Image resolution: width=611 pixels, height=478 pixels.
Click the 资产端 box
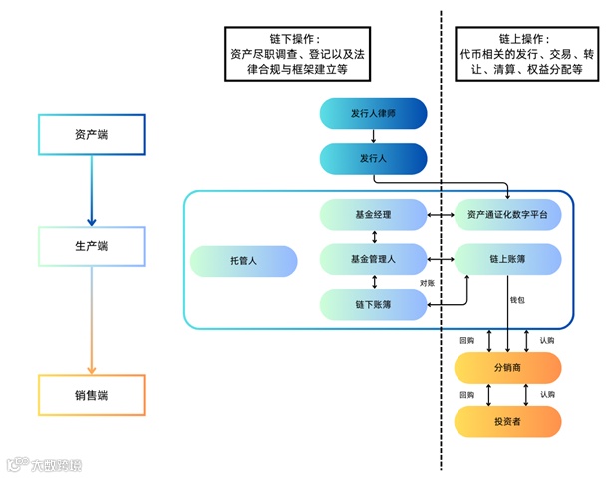pyautogui.click(x=92, y=135)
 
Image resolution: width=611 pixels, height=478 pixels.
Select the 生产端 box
pyautogui.click(x=92, y=246)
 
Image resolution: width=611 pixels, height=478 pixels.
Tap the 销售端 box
pyautogui.click(x=92, y=395)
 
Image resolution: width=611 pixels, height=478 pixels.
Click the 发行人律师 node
pyautogui.click(x=374, y=113)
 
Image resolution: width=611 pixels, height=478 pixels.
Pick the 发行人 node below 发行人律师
pyautogui.click(x=374, y=158)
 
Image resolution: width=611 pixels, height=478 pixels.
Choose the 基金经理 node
pyautogui.click(x=374, y=215)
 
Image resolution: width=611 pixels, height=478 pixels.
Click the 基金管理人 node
pyautogui.click(x=374, y=259)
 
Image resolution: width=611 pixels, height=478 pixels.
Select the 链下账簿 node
pyautogui.click(x=374, y=304)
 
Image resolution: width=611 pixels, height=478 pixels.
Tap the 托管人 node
pyautogui.click(x=243, y=261)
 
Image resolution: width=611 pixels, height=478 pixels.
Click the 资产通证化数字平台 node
pyautogui.click(x=507, y=215)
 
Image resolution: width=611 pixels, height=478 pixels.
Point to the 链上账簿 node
pyautogui.click(x=507, y=259)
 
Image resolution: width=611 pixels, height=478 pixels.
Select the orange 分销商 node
pyautogui.click(x=507, y=368)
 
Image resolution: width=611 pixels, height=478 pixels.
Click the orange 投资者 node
pyautogui.click(x=507, y=421)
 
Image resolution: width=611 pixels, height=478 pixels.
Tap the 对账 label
pyautogui.click(x=427, y=283)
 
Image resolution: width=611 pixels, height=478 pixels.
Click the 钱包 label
pyautogui.click(x=517, y=300)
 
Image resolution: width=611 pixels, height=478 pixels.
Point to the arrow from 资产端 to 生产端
pyautogui.click(x=92, y=191)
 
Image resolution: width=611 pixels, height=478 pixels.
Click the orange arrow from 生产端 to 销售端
pyautogui.click(x=92, y=320)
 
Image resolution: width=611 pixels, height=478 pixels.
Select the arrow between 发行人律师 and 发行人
pyautogui.click(x=374, y=136)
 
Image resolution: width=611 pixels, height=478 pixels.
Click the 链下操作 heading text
pyautogui.click(x=295, y=39)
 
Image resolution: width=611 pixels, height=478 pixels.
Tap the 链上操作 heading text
pyautogui.click(x=524, y=39)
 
